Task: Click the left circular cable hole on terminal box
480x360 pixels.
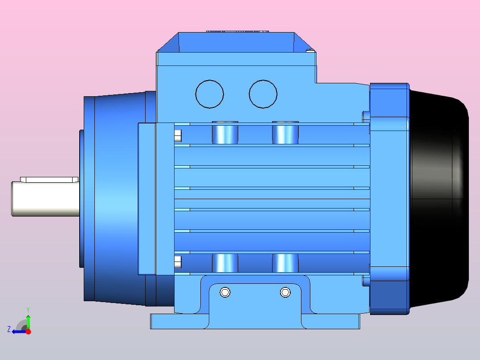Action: [x=210, y=94]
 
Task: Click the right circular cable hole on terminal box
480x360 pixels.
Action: [x=263, y=94]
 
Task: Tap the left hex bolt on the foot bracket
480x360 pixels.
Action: [x=225, y=292]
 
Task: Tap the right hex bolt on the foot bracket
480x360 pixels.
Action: [x=285, y=292]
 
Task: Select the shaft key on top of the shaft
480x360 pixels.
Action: [x=49, y=180]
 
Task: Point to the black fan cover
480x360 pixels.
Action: [x=439, y=196]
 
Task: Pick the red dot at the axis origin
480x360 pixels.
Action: [x=28, y=331]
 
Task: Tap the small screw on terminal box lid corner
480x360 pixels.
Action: [x=311, y=50]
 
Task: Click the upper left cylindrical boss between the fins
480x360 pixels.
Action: [x=225, y=132]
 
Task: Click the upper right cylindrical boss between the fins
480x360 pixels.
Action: [x=285, y=132]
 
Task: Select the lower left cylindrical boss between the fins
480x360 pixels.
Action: [x=225, y=263]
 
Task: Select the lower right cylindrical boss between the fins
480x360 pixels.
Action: [x=285, y=263]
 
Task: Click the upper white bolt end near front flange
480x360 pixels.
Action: [x=178, y=136]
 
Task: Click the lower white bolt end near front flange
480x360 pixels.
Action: [x=178, y=262]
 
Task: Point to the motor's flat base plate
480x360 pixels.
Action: [x=254, y=322]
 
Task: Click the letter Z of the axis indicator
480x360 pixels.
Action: [x=9, y=329]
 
